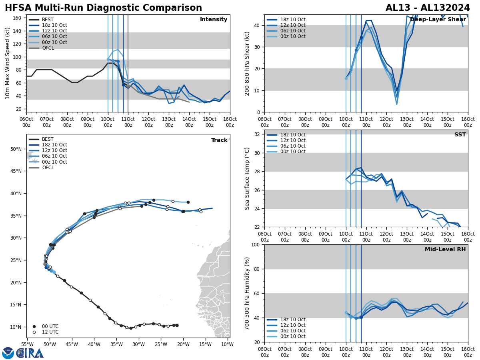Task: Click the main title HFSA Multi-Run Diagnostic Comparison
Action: [x=103, y=8]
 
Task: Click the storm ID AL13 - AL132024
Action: [x=428, y=8]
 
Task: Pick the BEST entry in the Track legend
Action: [x=48, y=139]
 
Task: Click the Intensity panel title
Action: [x=214, y=20]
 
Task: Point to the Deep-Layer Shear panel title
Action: [x=438, y=20]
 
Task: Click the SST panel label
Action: [x=460, y=135]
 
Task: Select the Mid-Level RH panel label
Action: [x=445, y=250]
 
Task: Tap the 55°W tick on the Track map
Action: [x=27, y=344]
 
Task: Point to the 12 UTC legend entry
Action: [x=50, y=332]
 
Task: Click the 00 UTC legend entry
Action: [x=50, y=326]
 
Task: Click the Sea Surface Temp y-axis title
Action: [x=247, y=178]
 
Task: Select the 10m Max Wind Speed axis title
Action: [x=8, y=63]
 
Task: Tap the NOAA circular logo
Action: [x=8, y=353]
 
